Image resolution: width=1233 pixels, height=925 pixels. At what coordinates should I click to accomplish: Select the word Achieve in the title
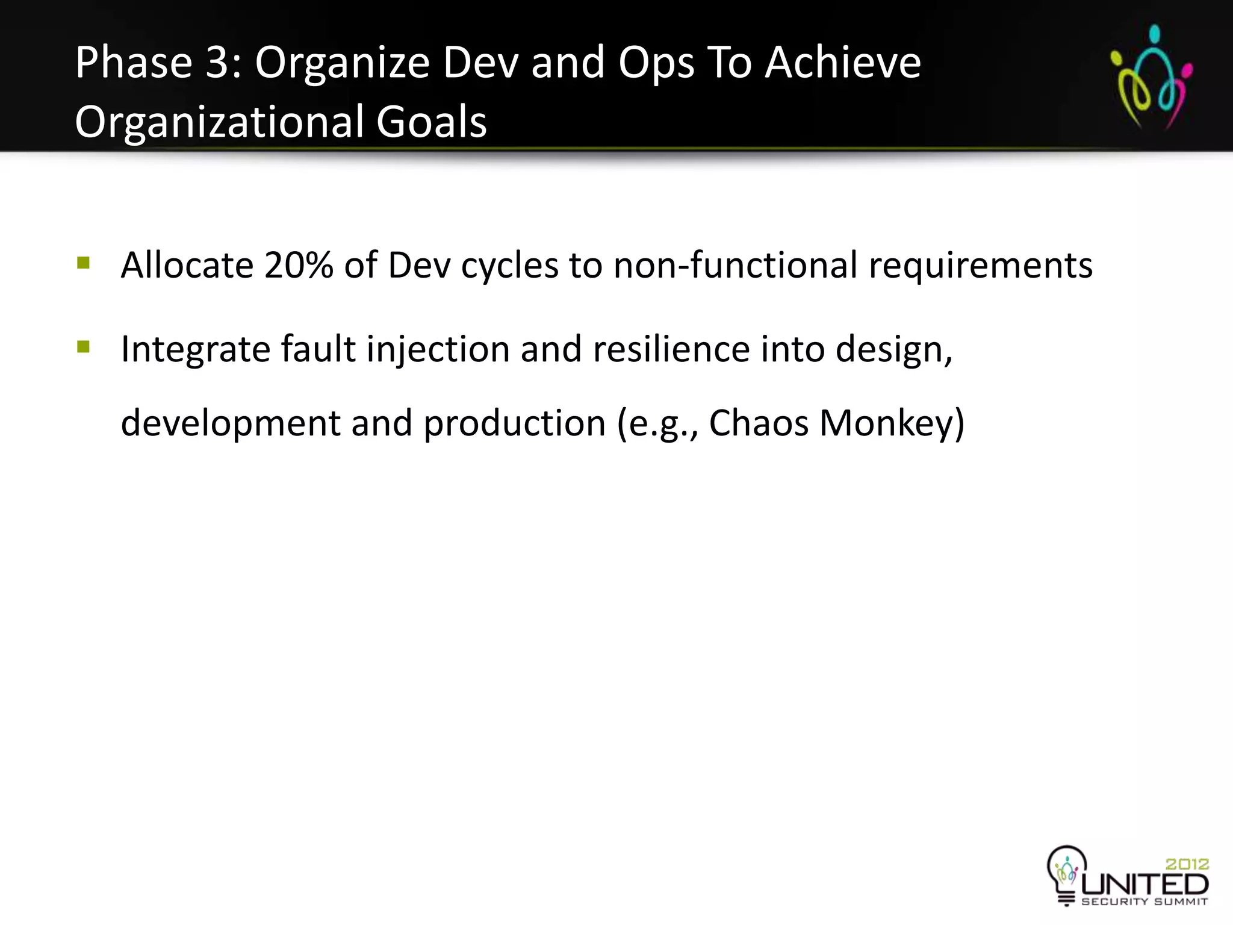pyautogui.click(x=843, y=63)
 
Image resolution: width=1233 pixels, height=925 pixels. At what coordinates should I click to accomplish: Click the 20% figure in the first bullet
pyautogui.click(x=299, y=265)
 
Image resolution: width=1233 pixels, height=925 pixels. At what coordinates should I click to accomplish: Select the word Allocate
pyautogui.click(x=187, y=265)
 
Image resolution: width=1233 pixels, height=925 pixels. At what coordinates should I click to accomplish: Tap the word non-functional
pyautogui.click(x=735, y=265)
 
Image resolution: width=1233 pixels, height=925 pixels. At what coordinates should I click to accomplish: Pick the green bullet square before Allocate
pyautogui.click(x=83, y=263)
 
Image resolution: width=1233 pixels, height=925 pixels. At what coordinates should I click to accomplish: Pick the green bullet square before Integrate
pyautogui.click(x=83, y=347)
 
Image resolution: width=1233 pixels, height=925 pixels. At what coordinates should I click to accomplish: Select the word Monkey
pyautogui.click(x=892, y=423)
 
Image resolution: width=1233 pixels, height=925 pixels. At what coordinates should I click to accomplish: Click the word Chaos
pyautogui.click(x=759, y=423)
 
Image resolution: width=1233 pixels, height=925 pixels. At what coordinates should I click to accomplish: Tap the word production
pyautogui.click(x=515, y=423)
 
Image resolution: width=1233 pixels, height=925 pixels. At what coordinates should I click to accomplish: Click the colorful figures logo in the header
pyautogui.click(x=1151, y=77)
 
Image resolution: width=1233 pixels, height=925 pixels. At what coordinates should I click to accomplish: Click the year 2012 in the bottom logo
pyautogui.click(x=1187, y=864)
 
